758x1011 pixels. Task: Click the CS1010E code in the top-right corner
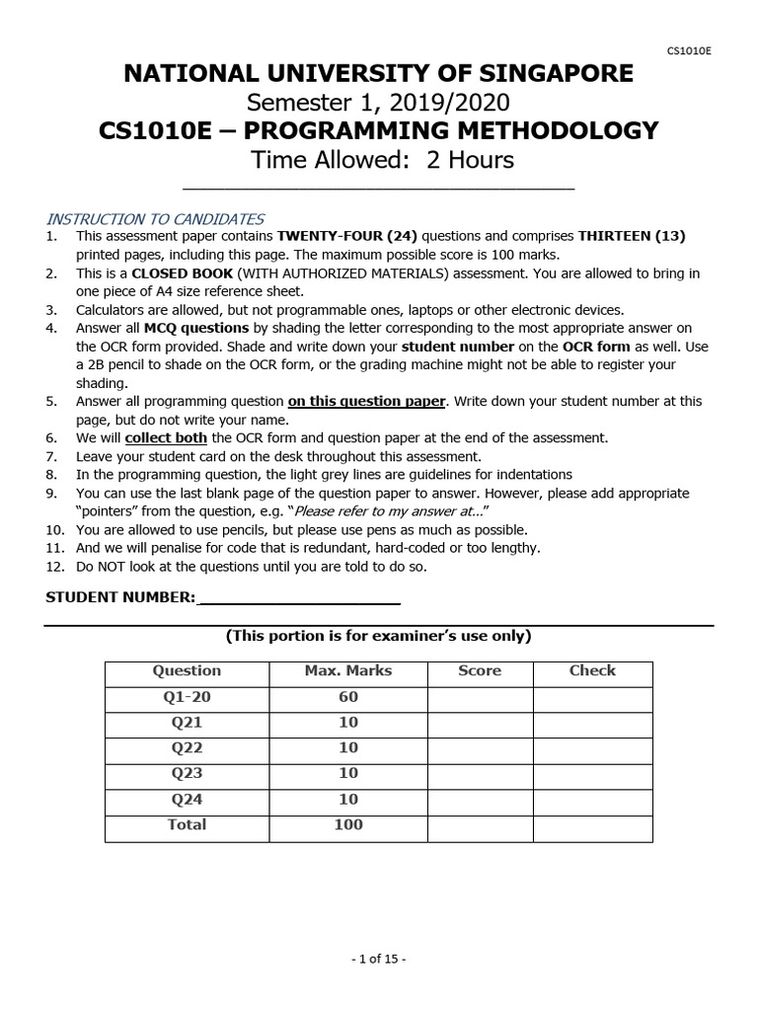(689, 50)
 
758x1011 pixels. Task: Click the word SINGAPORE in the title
(551, 74)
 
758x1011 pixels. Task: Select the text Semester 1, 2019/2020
(379, 102)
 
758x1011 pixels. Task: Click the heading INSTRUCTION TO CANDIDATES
(155, 218)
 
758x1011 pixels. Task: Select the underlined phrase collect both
(165, 437)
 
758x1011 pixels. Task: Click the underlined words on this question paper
(366, 401)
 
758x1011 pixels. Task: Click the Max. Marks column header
(348, 670)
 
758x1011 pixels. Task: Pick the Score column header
(480, 670)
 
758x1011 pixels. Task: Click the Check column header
(592, 670)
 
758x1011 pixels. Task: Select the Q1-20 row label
(187, 697)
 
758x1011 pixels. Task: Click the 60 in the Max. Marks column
(348, 697)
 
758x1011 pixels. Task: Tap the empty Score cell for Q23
(480, 774)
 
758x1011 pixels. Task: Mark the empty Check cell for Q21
(592, 723)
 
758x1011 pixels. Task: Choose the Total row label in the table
(187, 825)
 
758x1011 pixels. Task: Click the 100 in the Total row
(348, 825)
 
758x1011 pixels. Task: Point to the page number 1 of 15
(379, 959)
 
